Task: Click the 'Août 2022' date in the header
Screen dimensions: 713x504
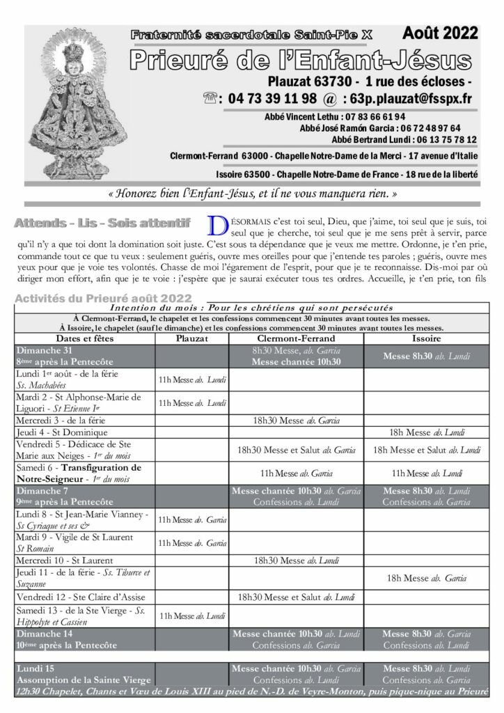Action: tap(440, 33)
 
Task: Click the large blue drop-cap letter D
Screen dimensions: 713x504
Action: tap(217, 226)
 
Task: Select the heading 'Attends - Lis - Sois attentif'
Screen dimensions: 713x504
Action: tap(102, 223)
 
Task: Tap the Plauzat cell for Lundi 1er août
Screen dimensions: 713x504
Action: tap(191, 380)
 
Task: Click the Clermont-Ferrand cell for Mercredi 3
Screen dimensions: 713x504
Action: tap(297, 420)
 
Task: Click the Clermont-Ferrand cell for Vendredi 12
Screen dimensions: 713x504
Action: tap(297, 597)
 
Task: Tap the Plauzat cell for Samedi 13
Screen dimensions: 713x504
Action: tap(191, 616)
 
